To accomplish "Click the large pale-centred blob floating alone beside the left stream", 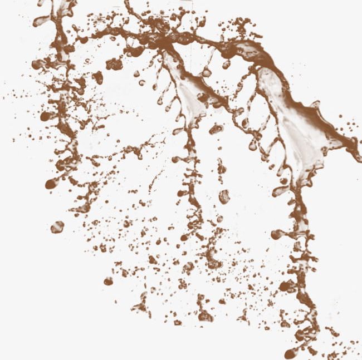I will pyautogui.click(x=57, y=227).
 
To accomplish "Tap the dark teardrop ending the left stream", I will pyautogui.click(x=51, y=183).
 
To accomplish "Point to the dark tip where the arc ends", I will pyautogui.click(x=354, y=150).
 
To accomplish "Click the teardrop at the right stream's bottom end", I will pyautogui.click(x=290, y=353).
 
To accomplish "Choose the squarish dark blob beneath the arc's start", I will pyautogui.click(x=114, y=63).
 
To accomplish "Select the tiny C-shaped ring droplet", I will pyautogui.click(x=141, y=83).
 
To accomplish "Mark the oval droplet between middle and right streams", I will pyautogui.click(x=224, y=196).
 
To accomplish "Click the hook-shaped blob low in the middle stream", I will pyautogui.click(x=212, y=259).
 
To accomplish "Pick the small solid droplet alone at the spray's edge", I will pyautogui.click(x=108, y=282).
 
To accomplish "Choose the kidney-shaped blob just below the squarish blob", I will pyautogui.click(x=98, y=77).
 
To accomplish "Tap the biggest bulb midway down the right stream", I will pyautogui.click(x=277, y=234).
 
